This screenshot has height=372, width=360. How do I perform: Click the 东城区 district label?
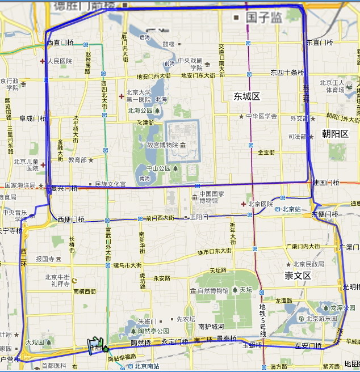(246, 96)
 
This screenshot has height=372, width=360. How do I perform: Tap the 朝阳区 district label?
(336, 134)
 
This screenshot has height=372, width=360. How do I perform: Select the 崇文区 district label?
(298, 276)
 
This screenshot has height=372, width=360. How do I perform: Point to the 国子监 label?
(264, 18)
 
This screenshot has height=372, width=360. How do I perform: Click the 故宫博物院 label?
(162, 145)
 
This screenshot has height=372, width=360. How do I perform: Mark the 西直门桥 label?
(61, 43)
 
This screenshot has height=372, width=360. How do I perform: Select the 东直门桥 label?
(320, 43)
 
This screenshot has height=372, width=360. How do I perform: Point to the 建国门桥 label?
(326, 183)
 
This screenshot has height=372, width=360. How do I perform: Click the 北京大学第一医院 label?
(139, 96)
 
